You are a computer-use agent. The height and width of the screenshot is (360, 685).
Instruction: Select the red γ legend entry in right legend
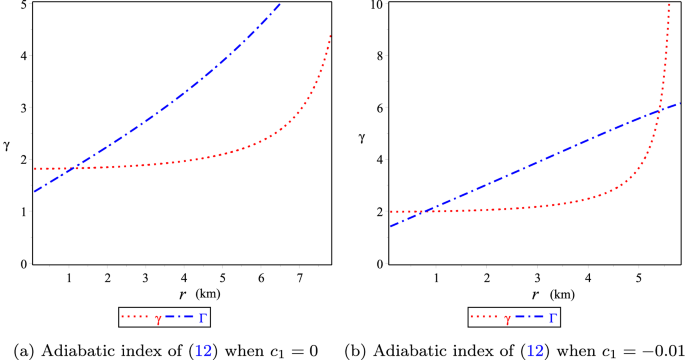click(499, 318)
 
